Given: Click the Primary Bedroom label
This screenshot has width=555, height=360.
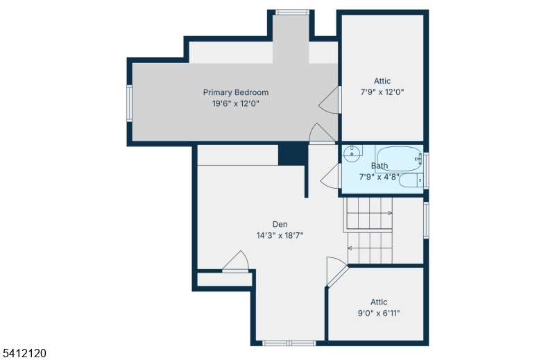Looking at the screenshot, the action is tap(236, 92).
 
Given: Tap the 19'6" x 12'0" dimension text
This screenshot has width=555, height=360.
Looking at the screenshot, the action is tap(236, 104).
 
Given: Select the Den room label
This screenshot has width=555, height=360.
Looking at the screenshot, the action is tap(280, 224).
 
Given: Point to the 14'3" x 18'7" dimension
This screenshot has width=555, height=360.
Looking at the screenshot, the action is tap(280, 235).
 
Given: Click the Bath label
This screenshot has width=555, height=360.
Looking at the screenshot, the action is tap(379, 166).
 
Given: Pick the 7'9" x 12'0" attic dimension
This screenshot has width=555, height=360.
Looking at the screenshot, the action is tap(382, 92).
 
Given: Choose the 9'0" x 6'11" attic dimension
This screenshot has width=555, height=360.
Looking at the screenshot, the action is tap(379, 314).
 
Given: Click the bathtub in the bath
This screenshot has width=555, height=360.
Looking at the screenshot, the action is tap(399, 159).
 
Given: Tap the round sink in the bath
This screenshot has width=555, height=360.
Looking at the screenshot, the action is tap(352, 153).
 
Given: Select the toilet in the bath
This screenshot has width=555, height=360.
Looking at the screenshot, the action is tap(411, 180).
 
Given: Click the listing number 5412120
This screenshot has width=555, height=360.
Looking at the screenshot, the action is tap(25, 353).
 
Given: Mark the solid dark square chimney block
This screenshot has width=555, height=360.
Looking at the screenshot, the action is tap(292, 153).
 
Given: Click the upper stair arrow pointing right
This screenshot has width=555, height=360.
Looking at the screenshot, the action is tap(369, 213).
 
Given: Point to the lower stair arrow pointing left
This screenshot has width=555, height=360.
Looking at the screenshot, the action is tap(370, 248).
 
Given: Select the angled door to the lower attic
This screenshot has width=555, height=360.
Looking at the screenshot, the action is tap(337, 271).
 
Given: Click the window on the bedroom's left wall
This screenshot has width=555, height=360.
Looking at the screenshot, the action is tap(130, 103).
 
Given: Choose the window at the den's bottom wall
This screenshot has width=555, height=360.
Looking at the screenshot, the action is tap(289, 343).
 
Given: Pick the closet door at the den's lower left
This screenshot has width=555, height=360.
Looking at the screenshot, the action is tap(236, 262).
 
